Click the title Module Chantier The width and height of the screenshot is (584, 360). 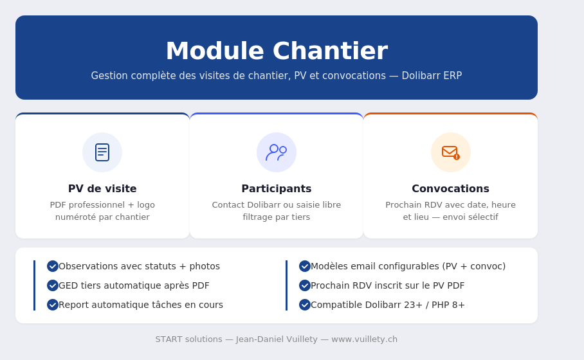[277, 51]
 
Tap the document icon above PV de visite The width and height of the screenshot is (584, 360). [102, 152]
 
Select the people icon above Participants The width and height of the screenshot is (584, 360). [277, 152]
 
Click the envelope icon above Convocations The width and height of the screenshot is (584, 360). [450, 152]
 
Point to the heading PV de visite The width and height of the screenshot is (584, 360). [102, 188]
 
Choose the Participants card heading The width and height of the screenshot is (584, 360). [277, 188]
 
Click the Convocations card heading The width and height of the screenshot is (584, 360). [450, 188]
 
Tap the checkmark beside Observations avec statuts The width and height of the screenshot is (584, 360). [53, 266]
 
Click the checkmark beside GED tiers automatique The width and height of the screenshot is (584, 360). [53, 285]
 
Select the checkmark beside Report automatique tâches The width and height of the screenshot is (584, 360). [53, 305]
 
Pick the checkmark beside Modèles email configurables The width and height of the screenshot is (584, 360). [305, 266]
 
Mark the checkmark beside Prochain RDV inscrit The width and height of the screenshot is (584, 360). [305, 285]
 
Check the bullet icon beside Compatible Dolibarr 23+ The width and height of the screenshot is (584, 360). [305, 305]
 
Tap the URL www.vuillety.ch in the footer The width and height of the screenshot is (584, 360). [364, 339]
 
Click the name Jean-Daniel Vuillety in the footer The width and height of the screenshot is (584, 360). [277, 339]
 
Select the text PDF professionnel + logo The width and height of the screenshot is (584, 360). [102, 204]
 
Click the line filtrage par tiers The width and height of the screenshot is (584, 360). [277, 217]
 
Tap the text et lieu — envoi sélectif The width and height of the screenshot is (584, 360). [450, 217]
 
